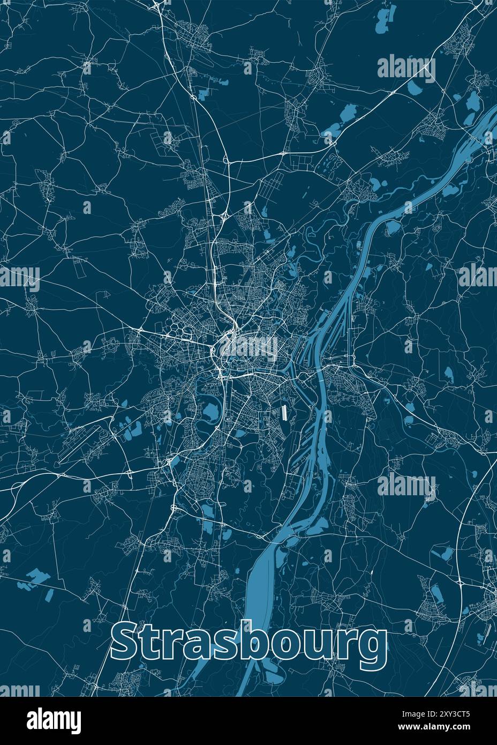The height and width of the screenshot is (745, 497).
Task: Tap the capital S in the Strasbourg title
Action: coord(126,643)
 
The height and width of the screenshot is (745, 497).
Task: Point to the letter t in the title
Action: coord(152,644)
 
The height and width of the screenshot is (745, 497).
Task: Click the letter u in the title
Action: coord(326,647)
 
